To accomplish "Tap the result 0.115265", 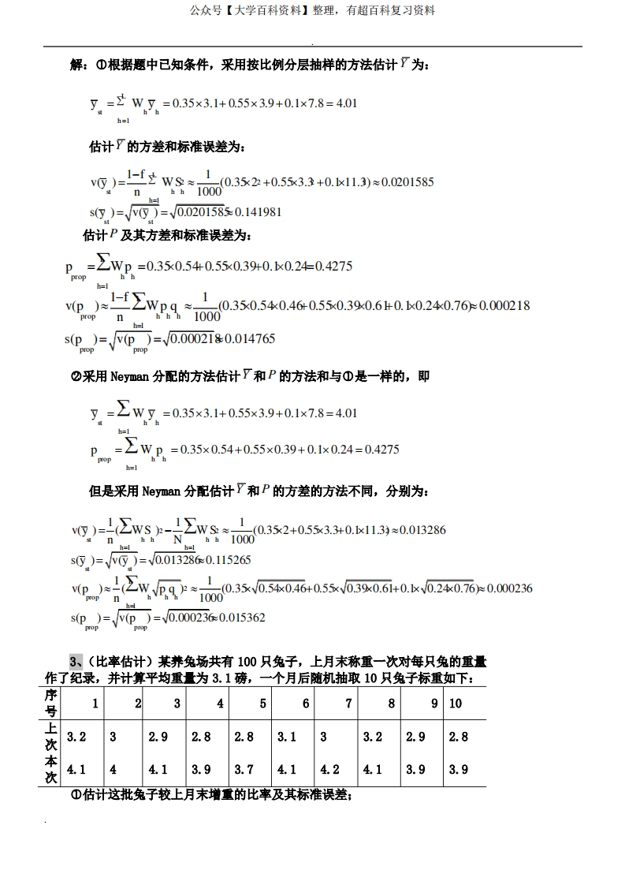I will click(x=229, y=560).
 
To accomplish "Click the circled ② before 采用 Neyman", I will click(x=76, y=377).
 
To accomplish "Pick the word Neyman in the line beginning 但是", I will click(x=162, y=491).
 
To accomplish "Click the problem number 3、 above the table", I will click(x=76, y=661).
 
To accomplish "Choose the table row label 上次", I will click(x=51, y=737).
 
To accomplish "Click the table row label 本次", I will click(x=51, y=770).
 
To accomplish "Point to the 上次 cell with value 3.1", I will click(x=287, y=737).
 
